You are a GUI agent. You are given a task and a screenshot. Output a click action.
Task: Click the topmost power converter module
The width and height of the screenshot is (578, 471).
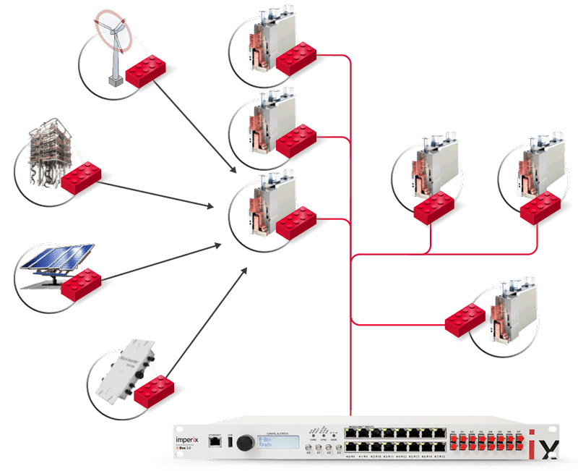tap(271, 36)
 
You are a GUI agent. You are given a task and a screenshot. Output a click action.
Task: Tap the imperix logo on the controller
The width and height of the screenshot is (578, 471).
tap(187, 439)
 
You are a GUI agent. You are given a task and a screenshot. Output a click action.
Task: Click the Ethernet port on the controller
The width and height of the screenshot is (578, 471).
tap(214, 444)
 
